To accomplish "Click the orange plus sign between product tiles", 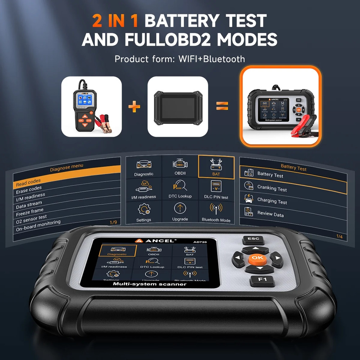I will [x=134, y=107].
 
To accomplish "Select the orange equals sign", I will [x=222, y=106].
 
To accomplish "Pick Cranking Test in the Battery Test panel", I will [x=272, y=188].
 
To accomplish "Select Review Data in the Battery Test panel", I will [x=270, y=214].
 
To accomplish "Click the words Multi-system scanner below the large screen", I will [x=150, y=284].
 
